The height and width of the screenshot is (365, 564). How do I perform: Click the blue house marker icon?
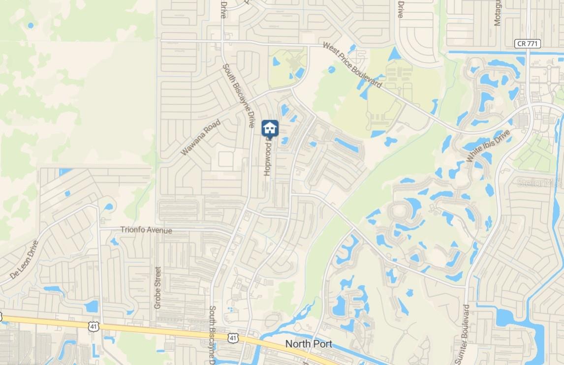click(270, 128)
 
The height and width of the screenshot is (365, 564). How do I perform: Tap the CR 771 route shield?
click(528, 44)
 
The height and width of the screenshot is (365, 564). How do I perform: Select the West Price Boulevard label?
click(352, 65)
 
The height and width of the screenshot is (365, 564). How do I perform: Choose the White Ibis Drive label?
click(489, 146)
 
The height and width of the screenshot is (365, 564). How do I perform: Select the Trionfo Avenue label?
click(146, 230)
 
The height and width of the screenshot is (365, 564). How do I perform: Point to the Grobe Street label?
click(158, 288)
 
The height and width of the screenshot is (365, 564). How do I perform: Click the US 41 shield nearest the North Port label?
click(233, 337)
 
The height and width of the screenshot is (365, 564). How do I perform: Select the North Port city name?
click(309, 343)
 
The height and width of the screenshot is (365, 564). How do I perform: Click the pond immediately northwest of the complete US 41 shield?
click(91, 306)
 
